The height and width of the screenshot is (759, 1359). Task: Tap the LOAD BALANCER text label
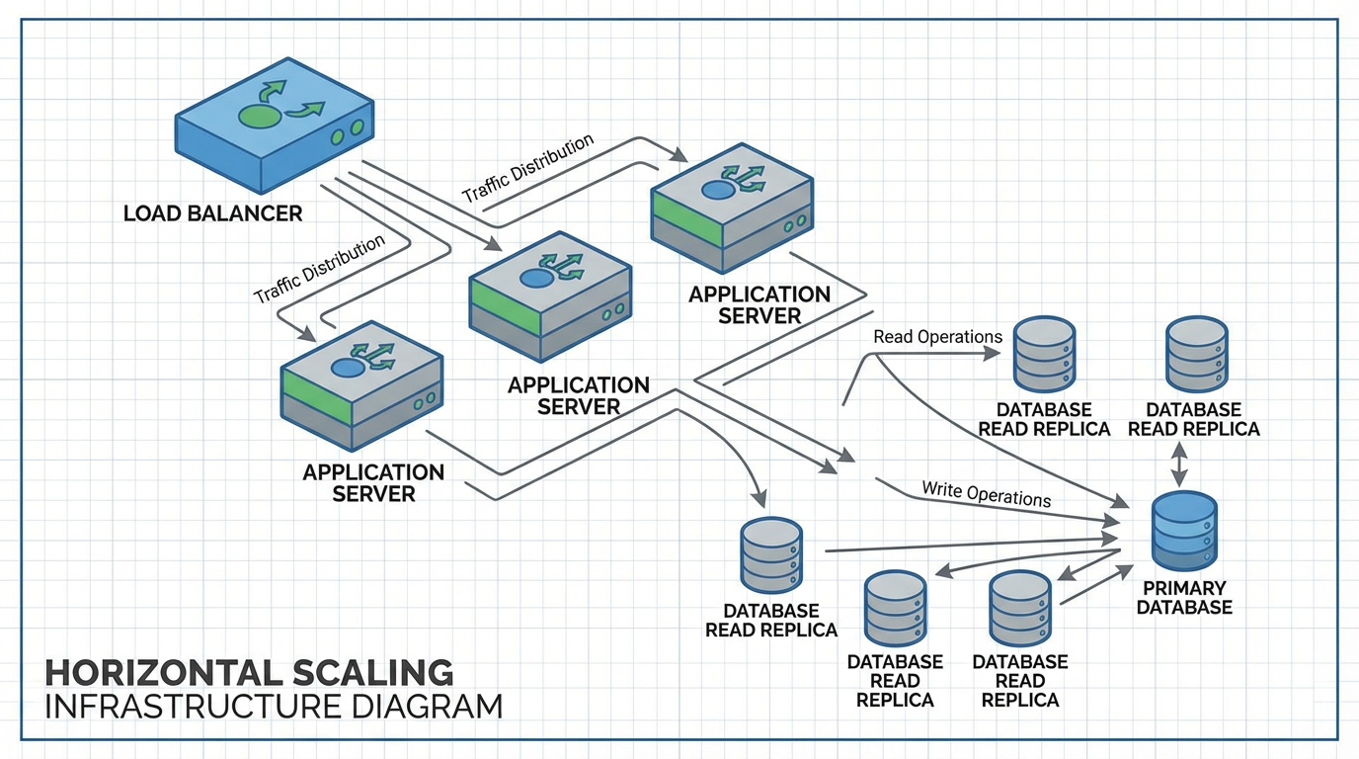212,213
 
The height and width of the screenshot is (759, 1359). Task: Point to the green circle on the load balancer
258,116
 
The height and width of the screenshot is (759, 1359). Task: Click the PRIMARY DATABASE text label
1184,598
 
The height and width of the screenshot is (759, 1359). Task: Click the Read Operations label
937,337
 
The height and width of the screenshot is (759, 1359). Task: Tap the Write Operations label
986,493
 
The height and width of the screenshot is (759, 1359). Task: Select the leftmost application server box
360,385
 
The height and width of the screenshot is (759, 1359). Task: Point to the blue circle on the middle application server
534,280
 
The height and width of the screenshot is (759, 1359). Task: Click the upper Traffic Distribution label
527,168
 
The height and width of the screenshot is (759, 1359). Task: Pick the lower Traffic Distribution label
319,270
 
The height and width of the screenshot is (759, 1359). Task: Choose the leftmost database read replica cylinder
770,555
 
